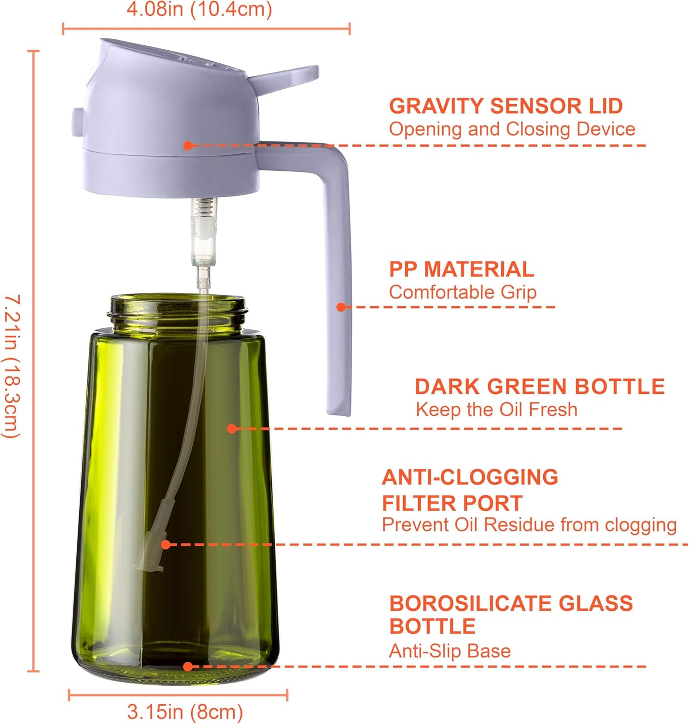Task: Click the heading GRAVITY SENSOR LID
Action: point(506,106)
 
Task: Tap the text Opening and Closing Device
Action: point(512,129)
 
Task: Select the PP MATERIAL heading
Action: point(461,269)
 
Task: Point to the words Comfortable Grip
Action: point(463,292)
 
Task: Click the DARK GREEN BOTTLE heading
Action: point(539,387)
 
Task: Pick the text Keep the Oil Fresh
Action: point(496,410)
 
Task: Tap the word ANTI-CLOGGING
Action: point(470,477)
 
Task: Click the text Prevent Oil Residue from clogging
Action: point(529,525)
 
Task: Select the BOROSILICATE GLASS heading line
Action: point(511,603)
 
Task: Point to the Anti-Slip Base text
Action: point(450,651)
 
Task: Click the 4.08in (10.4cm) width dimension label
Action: point(199,10)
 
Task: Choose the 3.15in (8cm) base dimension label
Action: point(185,711)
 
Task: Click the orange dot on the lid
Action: point(188,145)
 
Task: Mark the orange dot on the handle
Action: point(341,307)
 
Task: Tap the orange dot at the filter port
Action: point(166,544)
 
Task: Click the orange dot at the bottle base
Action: point(188,667)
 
